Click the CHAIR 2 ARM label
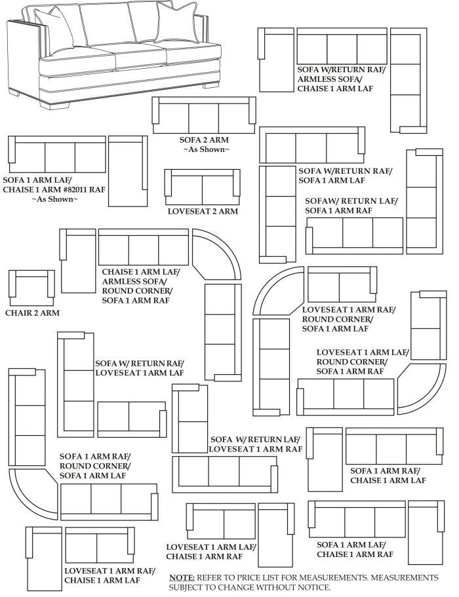click(x=32, y=313)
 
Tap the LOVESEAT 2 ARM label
click(x=203, y=212)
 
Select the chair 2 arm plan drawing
click(x=31, y=287)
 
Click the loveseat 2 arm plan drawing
click(x=202, y=187)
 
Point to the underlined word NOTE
click(x=182, y=577)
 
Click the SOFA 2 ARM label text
click(x=203, y=140)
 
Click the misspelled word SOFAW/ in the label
click(x=322, y=201)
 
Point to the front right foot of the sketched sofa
click(x=211, y=85)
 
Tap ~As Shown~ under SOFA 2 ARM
click(x=205, y=150)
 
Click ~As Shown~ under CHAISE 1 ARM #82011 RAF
click(x=54, y=199)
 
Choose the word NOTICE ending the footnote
click(x=311, y=587)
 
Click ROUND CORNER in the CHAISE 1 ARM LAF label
click(x=137, y=290)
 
